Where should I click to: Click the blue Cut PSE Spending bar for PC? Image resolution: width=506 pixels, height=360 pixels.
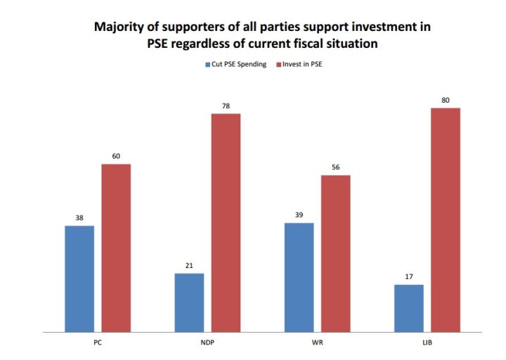pyautogui.click(x=79, y=278)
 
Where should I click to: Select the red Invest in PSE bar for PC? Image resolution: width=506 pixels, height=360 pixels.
pyautogui.click(x=116, y=247)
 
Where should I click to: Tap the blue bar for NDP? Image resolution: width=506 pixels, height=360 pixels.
pyautogui.click(x=189, y=302)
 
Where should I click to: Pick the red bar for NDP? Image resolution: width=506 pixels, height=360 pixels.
pyautogui.click(x=226, y=221)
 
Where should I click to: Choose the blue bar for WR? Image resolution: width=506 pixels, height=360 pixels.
pyautogui.click(x=299, y=276)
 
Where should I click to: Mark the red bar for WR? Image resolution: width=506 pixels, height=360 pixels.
pyautogui.click(x=335, y=252)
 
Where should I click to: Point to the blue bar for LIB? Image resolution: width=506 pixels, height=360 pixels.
pyautogui.click(x=408, y=307)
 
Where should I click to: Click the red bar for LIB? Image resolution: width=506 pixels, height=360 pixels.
pyautogui.click(x=445, y=219)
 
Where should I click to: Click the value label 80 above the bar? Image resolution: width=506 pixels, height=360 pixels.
pyautogui.click(x=445, y=100)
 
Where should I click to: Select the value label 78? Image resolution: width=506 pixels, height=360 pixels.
pyautogui.click(x=226, y=105)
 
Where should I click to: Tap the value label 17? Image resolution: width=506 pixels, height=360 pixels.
pyautogui.click(x=408, y=276)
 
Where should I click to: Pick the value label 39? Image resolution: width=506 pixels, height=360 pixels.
pyautogui.click(x=299, y=214)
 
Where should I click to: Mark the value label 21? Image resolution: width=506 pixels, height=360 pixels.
pyautogui.click(x=189, y=265)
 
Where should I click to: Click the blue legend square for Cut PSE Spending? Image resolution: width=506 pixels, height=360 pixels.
pyautogui.click(x=208, y=65)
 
